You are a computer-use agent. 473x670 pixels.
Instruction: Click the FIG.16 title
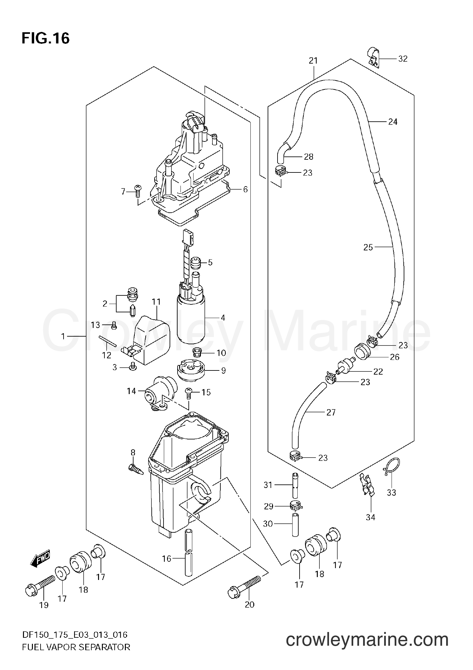point(45,39)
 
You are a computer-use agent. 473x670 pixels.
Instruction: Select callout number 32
point(403,59)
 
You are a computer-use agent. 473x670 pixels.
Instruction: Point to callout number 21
point(313,60)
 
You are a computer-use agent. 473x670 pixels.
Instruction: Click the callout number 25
point(368,247)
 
